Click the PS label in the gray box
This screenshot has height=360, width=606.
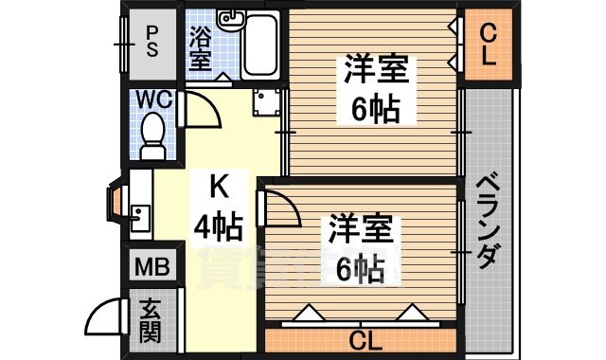151,41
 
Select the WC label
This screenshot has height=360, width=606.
151,99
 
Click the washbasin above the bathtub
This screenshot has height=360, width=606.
229,19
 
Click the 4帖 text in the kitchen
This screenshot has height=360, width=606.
219,227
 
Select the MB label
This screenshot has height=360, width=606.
151,266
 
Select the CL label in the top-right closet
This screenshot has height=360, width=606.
488,44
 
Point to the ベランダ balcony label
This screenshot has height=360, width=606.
488,221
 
